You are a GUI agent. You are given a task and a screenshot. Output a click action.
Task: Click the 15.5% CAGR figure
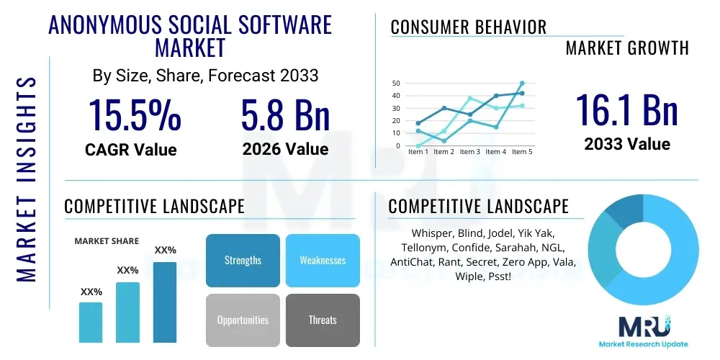coord(135,114)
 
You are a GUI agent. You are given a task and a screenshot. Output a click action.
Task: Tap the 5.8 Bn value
coord(285,114)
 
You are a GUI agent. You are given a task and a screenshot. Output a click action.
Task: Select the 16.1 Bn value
coord(626,110)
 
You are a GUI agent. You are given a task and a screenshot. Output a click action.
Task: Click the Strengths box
coord(243,260)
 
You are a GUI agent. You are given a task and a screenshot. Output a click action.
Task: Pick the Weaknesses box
coord(323,260)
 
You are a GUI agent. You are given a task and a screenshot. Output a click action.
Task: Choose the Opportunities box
coord(243,320)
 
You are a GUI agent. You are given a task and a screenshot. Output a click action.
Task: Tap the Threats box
coord(323,320)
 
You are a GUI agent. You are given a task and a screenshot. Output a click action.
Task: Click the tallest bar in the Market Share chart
coord(165,302)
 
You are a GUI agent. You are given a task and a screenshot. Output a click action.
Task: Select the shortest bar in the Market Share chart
coord(91,322)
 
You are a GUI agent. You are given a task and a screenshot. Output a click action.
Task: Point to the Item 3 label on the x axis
coord(469,152)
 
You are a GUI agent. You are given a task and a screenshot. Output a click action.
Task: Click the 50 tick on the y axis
coord(396,84)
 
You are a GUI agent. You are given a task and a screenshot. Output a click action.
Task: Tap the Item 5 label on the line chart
coord(521,152)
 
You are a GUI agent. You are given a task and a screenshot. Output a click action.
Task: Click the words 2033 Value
coord(626,144)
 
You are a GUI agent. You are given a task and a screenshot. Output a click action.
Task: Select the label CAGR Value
coord(130,150)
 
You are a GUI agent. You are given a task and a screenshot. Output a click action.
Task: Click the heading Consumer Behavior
coord(469,27)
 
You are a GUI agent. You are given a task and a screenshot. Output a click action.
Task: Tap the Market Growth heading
coord(626,48)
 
